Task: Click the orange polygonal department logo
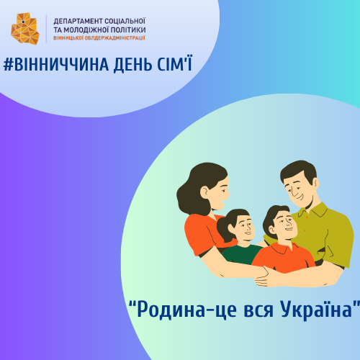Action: [25, 29]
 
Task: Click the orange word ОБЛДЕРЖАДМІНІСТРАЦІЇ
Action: [115, 38]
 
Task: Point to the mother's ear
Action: [204, 192]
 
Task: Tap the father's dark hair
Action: [299, 171]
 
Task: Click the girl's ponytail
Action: [224, 230]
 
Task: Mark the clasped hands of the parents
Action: [265, 276]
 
